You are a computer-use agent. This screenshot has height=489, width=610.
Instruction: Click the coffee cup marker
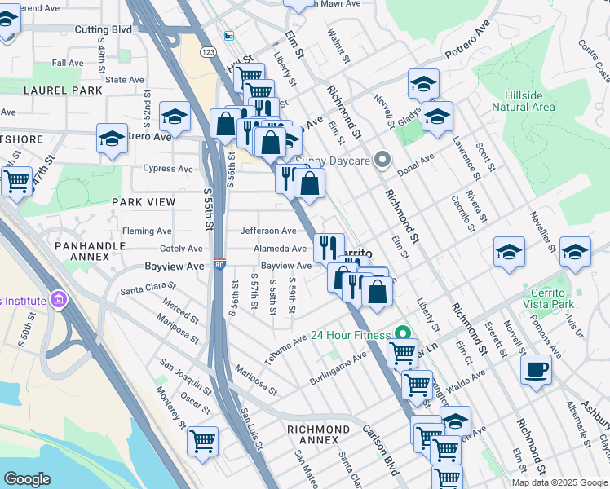536,369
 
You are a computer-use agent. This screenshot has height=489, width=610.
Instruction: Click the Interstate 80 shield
219,265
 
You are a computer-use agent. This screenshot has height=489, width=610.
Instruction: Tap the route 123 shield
209,51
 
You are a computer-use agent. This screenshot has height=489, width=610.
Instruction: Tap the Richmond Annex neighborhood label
318,434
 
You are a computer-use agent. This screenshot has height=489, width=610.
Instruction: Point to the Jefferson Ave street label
268,231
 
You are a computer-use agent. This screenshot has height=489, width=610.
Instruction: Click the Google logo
27,479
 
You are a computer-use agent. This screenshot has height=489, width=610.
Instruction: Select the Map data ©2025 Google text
559,482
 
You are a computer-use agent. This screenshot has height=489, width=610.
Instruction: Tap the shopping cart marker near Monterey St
202,442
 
